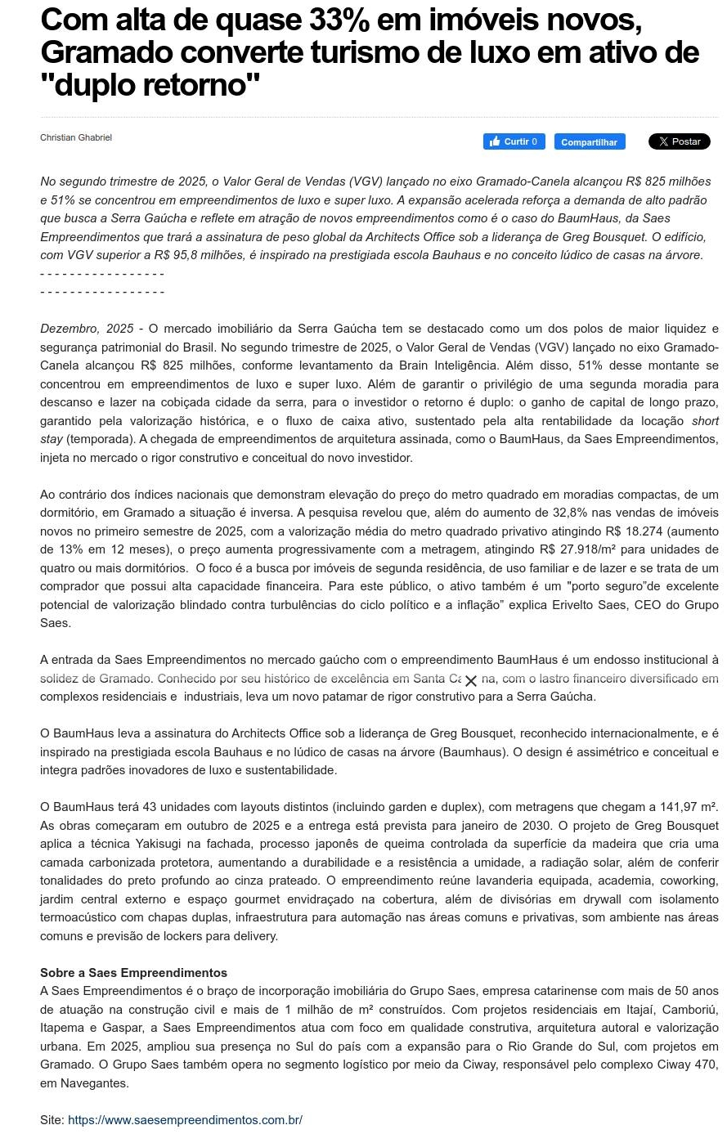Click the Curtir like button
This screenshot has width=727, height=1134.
(x=514, y=141)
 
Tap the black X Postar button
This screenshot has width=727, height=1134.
(x=679, y=141)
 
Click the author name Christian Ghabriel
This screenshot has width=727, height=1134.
(x=76, y=137)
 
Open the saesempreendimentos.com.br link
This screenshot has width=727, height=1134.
(x=185, y=1119)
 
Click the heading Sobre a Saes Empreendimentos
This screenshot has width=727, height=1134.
(x=133, y=973)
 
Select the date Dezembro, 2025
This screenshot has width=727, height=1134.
(x=87, y=329)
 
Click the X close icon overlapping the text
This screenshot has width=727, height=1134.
(x=470, y=680)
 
